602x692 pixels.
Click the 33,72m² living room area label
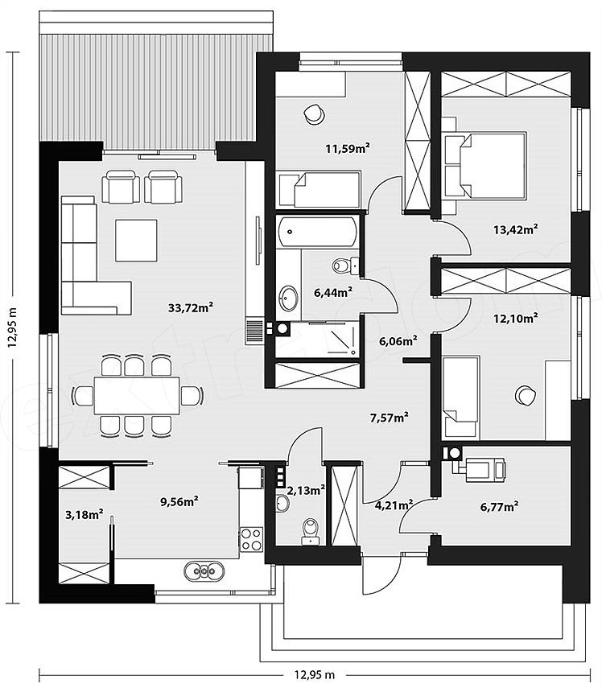coord(191,307)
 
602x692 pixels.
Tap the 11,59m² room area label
coord(348,148)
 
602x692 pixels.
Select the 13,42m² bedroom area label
coord(516,229)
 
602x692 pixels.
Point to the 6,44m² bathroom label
coord(332,292)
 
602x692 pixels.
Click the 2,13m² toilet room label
coord(307,490)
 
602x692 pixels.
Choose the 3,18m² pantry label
coord(85,515)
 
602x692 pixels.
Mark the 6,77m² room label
coord(499,507)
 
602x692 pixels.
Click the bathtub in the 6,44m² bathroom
coord(317,231)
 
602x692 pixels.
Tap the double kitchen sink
coord(204,571)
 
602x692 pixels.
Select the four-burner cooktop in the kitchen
coord(251,539)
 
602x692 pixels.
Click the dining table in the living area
coord(137,396)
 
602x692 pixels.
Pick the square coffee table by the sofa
coord(136,241)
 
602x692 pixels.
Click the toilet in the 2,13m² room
coord(311,531)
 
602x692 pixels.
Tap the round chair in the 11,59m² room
coord(314,114)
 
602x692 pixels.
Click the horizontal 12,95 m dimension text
coord(315,675)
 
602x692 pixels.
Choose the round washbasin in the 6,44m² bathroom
coord(288,298)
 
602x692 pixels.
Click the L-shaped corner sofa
coord(96,255)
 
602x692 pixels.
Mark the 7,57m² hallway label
coord(389,417)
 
